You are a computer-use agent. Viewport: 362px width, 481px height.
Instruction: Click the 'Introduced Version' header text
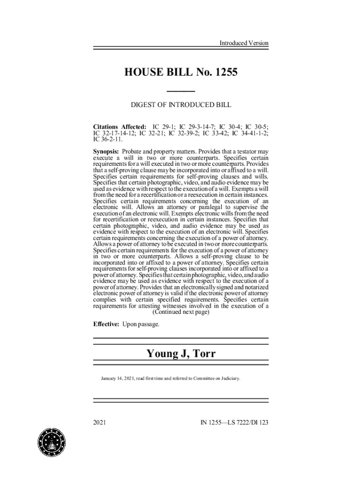click(244, 43)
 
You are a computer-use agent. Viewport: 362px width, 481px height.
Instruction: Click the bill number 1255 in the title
click(225, 72)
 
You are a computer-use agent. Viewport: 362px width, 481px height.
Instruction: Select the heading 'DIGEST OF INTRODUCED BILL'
click(181, 105)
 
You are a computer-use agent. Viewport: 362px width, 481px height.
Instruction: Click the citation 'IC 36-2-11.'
click(109, 140)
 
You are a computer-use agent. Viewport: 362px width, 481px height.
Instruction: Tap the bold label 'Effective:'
click(106, 325)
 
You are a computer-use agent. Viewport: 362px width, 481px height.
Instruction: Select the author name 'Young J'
click(165, 354)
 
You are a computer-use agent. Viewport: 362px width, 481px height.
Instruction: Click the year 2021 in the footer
click(99, 422)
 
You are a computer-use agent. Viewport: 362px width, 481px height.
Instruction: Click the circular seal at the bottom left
click(52, 442)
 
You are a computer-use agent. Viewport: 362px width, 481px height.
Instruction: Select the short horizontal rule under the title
click(181, 90)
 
